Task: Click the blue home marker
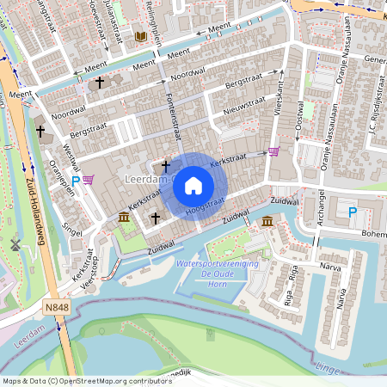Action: [193, 186]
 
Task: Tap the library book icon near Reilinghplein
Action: [140, 37]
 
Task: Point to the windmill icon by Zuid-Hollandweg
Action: [14, 245]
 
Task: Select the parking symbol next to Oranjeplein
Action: [76, 181]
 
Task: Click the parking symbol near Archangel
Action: [352, 212]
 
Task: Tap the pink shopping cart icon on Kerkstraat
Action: [274, 151]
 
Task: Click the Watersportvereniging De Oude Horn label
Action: [206, 272]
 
